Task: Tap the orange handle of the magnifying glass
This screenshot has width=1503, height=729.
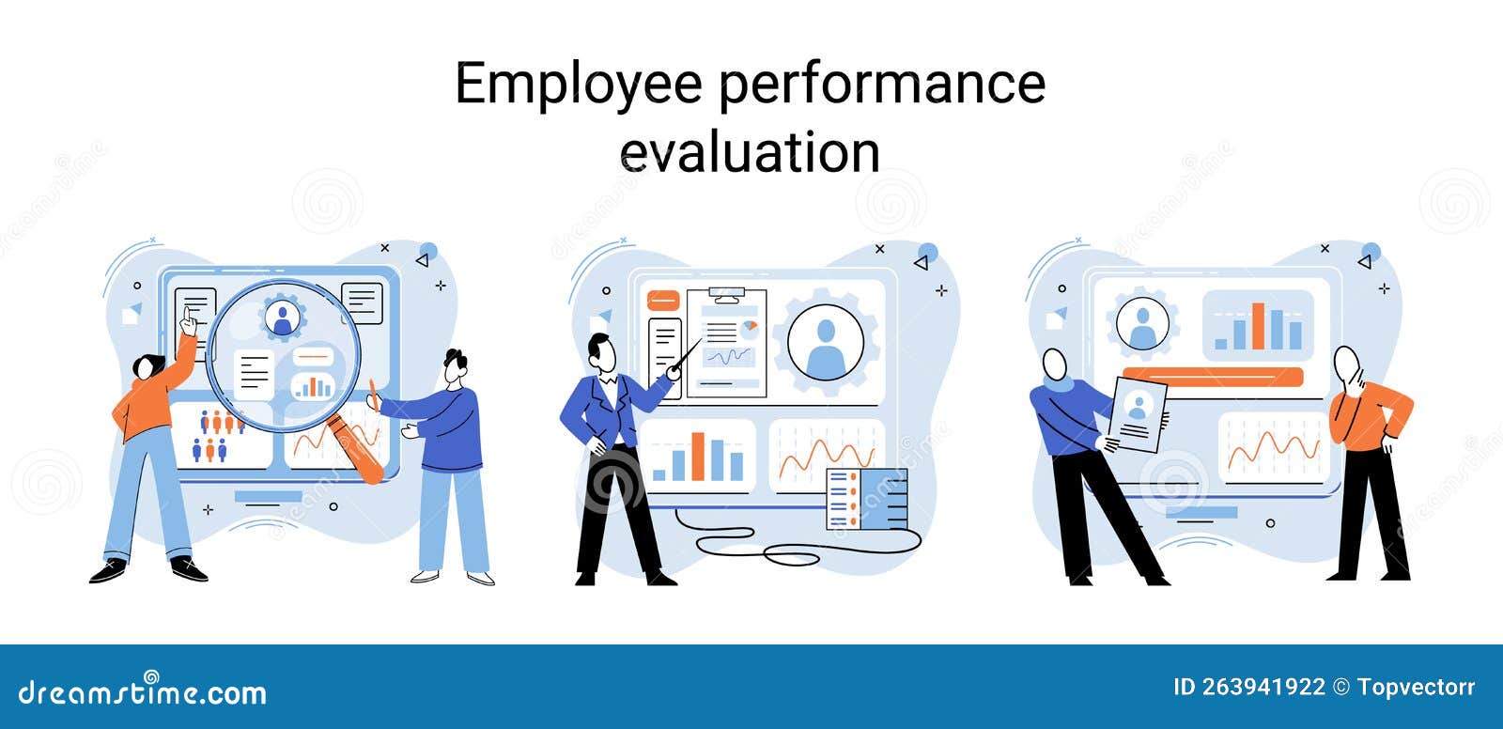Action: pos(354,448)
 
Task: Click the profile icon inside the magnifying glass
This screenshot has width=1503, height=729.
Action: pos(283,318)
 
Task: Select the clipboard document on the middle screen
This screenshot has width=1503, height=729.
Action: pos(727,342)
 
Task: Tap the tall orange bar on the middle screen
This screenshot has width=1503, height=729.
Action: pos(698,457)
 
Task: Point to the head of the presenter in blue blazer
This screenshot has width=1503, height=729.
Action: pos(602,351)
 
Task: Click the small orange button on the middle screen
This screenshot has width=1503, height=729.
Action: pos(663,300)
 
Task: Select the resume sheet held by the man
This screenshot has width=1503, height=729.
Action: pos(1138,414)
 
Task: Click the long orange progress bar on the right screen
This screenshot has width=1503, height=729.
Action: pos(1213,377)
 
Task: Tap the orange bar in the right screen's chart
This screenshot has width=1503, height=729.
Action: pos(1258,326)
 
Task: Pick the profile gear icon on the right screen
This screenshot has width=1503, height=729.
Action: pos(1142,323)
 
